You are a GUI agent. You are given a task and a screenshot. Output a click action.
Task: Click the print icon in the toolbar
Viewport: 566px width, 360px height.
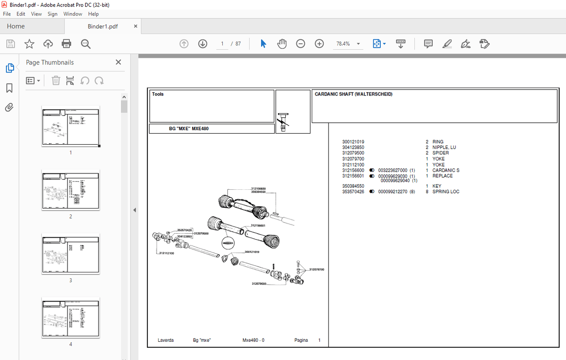click(x=67, y=44)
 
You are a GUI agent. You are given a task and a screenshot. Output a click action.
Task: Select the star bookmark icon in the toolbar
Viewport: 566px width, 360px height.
click(x=29, y=44)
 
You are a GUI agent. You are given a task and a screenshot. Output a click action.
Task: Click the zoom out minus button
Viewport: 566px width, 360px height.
click(x=300, y=44)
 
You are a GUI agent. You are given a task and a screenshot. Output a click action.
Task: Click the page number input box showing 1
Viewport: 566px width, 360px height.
click(x=222, y=44)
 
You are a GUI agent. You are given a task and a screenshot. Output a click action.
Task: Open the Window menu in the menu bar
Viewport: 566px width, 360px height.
click(x=73, y=14)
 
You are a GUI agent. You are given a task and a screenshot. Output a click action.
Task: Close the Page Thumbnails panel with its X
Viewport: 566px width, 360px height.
click(x=118, y=63)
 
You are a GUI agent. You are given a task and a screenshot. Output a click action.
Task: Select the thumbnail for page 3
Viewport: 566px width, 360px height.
click(x=70, y=254)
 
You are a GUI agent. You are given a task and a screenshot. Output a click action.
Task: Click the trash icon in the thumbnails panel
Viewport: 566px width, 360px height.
click(x=56, y=81)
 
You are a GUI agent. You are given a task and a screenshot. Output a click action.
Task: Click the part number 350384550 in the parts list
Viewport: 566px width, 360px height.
click(x=353, y=186)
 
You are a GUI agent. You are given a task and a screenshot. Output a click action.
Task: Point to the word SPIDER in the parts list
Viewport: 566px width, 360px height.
click(x=440, y=153)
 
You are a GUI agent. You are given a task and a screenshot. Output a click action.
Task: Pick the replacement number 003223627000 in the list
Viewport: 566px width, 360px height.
click(x=393, y=170)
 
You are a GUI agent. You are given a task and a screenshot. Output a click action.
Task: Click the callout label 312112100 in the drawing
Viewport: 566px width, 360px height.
click(x=167, y=253)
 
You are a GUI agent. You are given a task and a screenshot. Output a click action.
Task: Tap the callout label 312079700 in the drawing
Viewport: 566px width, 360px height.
click(x=316, y=270)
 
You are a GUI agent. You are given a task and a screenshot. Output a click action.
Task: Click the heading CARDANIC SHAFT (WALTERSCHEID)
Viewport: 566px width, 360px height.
click(x=353, y=94)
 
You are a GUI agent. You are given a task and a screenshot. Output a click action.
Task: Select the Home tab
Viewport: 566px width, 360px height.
click(x=16, y=26)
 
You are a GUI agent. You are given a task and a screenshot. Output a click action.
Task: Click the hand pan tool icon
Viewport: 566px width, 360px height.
click(x=282, y=44)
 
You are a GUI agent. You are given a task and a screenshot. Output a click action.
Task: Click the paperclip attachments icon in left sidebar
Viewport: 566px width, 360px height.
click(x=9, y=108)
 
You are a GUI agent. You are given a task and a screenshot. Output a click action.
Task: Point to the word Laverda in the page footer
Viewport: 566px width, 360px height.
click(x=166, y=340)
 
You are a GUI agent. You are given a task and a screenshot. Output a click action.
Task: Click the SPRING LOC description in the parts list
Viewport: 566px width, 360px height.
click(x=446, y=192)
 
